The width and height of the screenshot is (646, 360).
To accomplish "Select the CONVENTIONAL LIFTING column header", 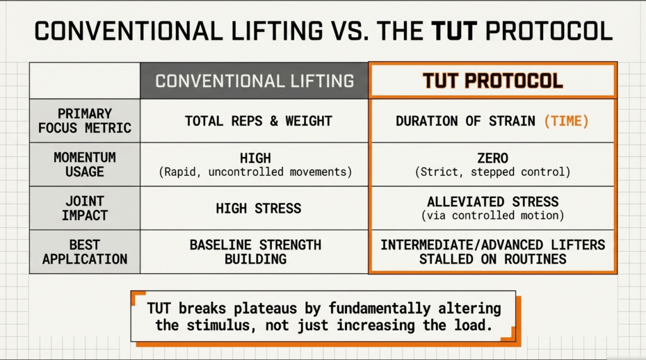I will point(254,81).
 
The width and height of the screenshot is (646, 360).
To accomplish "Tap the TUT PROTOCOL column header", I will point(493,81).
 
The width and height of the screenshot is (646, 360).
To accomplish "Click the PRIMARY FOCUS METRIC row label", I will point(85,120).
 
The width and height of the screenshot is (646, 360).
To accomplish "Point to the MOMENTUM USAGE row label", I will point(85,164).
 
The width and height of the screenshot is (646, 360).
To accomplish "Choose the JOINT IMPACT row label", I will point(85,207).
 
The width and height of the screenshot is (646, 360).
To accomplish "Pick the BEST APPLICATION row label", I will point(85,251).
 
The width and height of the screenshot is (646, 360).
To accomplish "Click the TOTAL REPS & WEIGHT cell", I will point(254,121).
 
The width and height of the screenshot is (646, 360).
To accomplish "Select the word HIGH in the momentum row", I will point(254,158).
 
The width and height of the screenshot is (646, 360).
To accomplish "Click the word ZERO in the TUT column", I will point(493,158).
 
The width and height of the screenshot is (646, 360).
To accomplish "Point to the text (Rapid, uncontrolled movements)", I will point(254,171).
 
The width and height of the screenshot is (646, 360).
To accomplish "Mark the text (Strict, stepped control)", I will point(493,171).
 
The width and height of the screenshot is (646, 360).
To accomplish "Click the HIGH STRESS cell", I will point(254,208).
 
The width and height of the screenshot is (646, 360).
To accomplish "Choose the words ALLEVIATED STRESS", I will point(493,202).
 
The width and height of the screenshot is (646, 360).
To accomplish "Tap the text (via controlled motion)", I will point(493,216).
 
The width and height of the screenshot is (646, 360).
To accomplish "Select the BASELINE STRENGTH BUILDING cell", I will point(254,252).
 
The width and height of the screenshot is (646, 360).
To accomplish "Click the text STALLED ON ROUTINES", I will point(493,258).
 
